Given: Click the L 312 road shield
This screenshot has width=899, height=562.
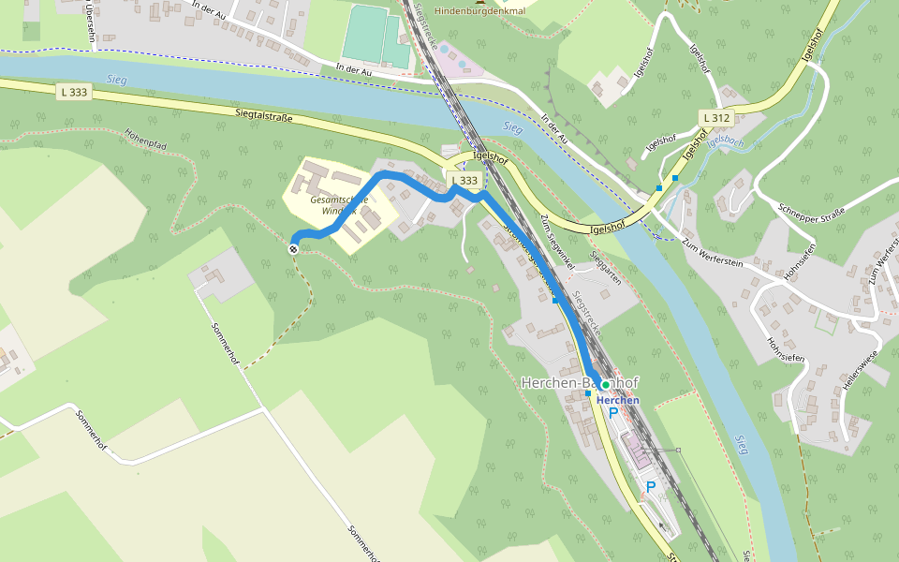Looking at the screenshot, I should pyautogui.click(x=715, y=117).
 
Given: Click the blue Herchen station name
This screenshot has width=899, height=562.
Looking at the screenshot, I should pyautogui.click(x=618, y=400).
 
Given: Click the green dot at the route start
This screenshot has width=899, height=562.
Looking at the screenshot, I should pyautogui.click(x=606, y=385).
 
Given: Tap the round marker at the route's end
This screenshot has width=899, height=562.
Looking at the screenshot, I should pyautogui.click(x=294, y=248).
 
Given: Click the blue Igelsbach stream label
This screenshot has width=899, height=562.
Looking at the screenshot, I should pyautogui.click(x=727, y=141).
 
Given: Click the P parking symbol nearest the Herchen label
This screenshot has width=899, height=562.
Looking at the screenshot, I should pyautogui.click(x=614, y=413).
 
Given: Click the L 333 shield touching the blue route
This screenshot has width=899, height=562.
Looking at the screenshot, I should pyautogui.click(x=464, y=180).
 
